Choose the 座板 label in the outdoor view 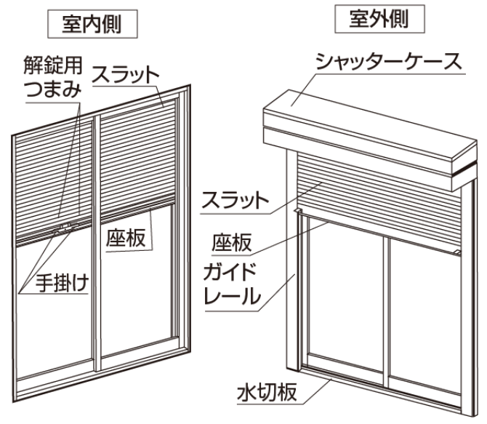click(x=231, y=242)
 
